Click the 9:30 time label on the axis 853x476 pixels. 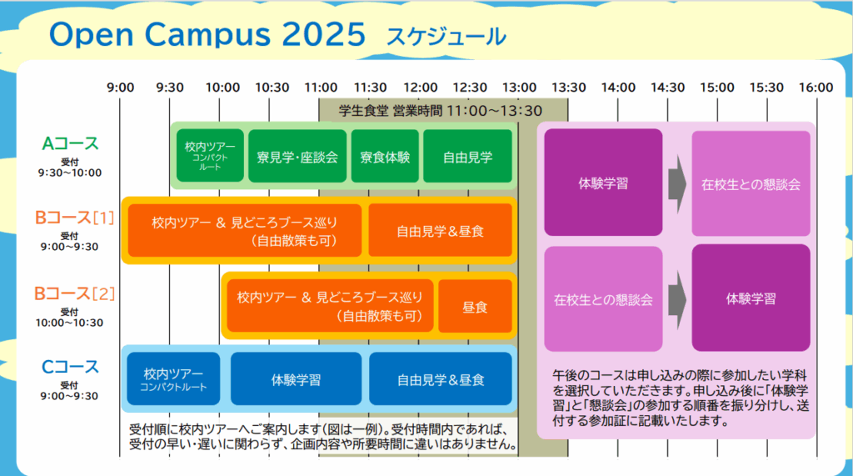click(x=170, y=88)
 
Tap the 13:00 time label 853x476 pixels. click(x=519, y=88)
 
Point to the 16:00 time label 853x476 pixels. click(x=816, y=88)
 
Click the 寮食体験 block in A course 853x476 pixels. click(x=385, y=156)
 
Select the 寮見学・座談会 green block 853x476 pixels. click(x=297, y=156)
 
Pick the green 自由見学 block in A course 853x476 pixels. click(x=467, y=156)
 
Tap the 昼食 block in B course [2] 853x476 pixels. click(x=475, y=306)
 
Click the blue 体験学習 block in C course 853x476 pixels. click(x=296, y=378)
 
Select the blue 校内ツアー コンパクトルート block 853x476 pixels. click(x=173, y=378)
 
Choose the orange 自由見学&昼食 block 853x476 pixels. click(x=440, y=230)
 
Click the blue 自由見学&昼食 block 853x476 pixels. click(x=441, y=378)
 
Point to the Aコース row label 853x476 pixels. click(x=70, y=143)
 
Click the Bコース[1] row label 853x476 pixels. click(x=74, y=218)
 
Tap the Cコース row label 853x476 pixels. click(x=70, y=367)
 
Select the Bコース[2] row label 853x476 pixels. click(x=74, y=293)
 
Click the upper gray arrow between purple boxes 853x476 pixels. click(x=677, y=184)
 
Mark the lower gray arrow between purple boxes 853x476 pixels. click(x=677, y=299)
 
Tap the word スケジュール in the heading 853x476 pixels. click(x=446, y=37)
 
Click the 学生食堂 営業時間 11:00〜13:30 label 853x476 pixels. click(x=441, y=111)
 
